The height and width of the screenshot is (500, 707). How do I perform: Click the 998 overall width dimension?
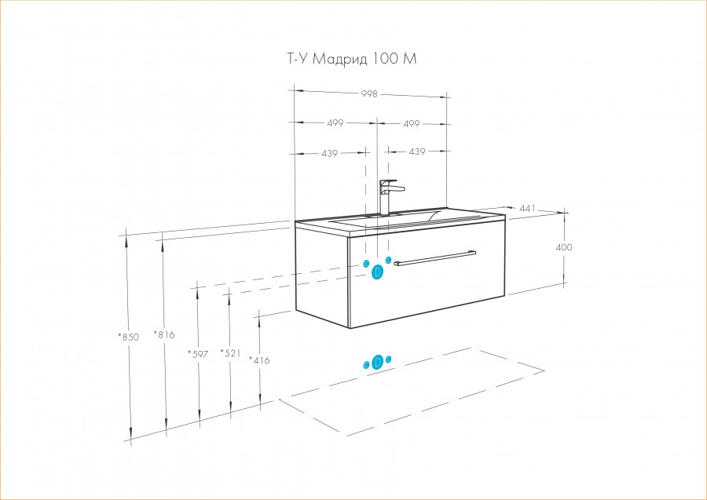(x=369, y=93)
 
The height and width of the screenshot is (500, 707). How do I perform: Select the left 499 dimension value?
(x=335, y=123)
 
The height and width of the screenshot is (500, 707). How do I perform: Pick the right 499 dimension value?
(x=411, y=123)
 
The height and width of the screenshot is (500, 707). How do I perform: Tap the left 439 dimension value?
(x=329, y=153)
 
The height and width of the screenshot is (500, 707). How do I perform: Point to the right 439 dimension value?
(x=416, y=151)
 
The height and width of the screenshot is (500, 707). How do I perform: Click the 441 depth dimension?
(x=527, y=208)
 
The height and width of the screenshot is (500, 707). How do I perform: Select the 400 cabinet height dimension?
(x=564, y=247)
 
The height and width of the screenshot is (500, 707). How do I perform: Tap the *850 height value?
(x=128, y=337)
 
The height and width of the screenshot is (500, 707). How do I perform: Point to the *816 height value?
(x=163, y=334)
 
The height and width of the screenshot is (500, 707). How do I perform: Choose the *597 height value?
(x=198, y=353)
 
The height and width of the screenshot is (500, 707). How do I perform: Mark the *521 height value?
(x=229, y=353)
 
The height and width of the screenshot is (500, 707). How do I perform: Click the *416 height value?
(x=259, y=360)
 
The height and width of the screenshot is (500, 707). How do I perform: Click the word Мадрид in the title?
(x=339, y=60)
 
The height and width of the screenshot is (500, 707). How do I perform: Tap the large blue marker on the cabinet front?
(x=378, y=272)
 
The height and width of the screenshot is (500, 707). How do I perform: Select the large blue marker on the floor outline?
(x=377, y=362)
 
